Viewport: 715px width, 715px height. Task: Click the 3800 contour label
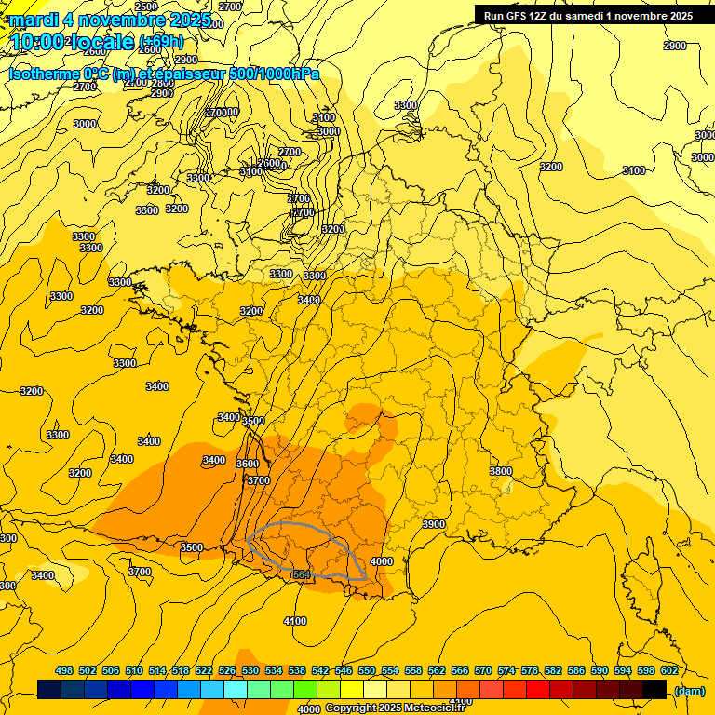point(501,472)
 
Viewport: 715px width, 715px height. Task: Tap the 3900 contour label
point(434,525)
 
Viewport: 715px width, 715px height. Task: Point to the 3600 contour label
point(247,464)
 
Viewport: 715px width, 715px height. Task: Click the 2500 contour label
point(146,7)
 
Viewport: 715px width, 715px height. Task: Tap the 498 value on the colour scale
point(64,671)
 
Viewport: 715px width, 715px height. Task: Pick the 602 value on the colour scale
point(668,671)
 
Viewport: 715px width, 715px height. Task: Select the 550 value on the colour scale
point(367,671)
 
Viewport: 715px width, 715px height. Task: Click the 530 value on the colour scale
point(250,671)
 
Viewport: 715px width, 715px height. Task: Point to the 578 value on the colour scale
point(529,671)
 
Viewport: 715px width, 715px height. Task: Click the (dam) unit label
point(689,690)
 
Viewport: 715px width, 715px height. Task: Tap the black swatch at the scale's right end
point(654,689)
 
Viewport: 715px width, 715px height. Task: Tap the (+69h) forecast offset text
point(161,41)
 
